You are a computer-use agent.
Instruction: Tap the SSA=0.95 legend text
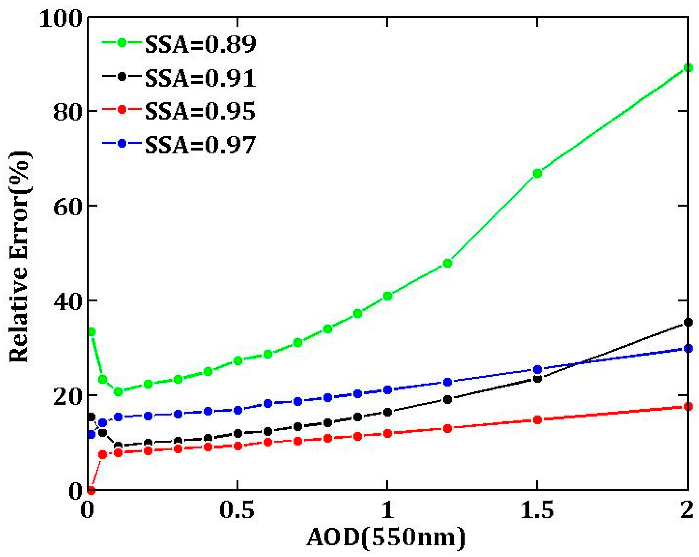(200, 111)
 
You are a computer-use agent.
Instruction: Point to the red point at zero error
(91, 490)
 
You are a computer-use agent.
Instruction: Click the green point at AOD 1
(388, 296)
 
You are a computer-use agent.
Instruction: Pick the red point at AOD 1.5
(538, 420)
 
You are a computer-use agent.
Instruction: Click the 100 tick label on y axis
(60, 19)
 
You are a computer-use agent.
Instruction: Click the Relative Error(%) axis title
(20, 256)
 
